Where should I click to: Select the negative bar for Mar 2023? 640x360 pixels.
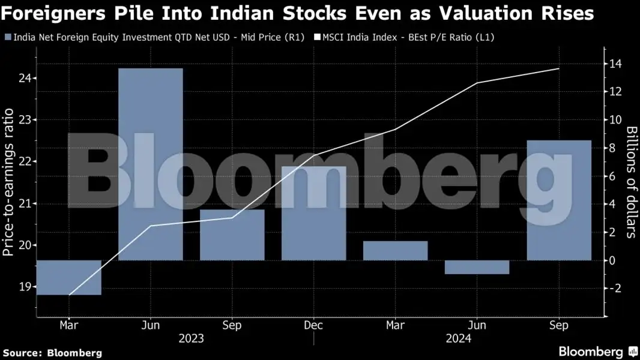pos(68,277)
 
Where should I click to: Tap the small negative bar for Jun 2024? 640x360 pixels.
pos(477,267)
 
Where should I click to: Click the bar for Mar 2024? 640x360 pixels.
pos(395,250)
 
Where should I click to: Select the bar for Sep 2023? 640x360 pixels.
pos(232,235)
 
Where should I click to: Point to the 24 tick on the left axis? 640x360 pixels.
pos(25,79)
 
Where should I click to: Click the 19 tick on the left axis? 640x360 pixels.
pos(25,287)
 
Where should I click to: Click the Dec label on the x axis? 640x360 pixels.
pos(313,325)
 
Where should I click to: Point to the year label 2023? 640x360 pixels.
pos(191,339)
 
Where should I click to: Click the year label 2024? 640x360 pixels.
pos(458,339)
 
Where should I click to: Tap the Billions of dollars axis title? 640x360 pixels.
pos(631,182)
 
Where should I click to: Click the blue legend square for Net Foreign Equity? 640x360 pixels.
pos(7,37)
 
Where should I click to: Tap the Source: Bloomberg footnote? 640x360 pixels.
pos(52,353)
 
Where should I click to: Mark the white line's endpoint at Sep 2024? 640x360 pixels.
pos(559,68)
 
